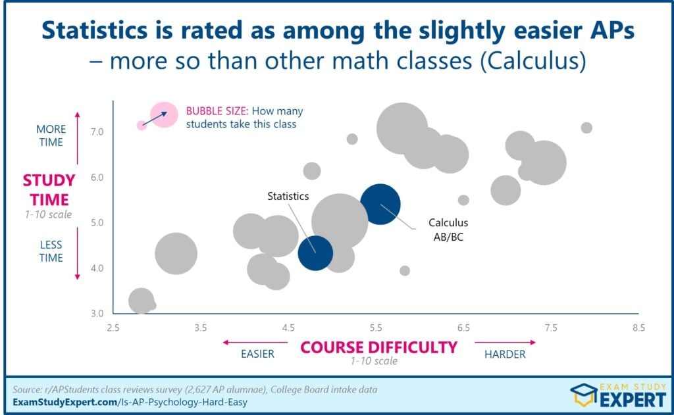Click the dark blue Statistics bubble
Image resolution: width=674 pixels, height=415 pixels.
[315, 253]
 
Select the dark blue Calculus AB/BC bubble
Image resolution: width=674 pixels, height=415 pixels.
[380, 205]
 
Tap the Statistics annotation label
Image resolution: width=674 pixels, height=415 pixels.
[288, 196]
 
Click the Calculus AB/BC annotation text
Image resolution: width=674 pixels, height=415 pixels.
[448, 230]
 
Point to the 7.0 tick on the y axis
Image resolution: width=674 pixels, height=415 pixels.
[97, 132]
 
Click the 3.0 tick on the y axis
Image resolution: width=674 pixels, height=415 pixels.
[97, 313]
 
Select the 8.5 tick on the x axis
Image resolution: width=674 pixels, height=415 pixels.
[638, 328]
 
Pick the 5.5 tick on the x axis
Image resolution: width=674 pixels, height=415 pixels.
[375, 328]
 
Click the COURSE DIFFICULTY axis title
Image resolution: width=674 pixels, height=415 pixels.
[378, 347]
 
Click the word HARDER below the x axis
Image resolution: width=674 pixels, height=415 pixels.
[505, 354]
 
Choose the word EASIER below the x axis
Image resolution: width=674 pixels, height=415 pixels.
[257, 354]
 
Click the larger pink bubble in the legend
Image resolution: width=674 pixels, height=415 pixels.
[164, 114]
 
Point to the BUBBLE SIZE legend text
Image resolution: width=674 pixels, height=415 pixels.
[244, 117]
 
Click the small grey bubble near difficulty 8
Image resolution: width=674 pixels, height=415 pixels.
[586, 128]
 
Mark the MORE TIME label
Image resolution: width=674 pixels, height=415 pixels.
[50, 135]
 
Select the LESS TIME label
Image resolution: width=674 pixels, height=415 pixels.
[51, 251]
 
